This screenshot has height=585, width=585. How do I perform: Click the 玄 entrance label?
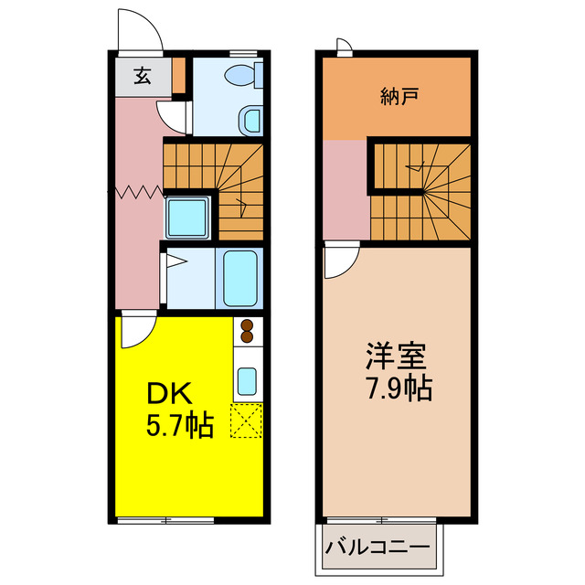click(x=144, y=77)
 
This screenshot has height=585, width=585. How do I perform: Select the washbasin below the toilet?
click(x=250, y=119)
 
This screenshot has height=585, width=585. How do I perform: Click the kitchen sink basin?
click(x=247, y=380)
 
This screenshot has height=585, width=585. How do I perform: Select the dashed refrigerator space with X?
click(x=247, y=420)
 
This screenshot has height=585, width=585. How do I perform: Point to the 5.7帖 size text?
click(x=180, y=426)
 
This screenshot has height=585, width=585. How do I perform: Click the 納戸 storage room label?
click(x=399, y=94)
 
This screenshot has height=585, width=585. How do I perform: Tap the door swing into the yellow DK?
click(x=134, y=332)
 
